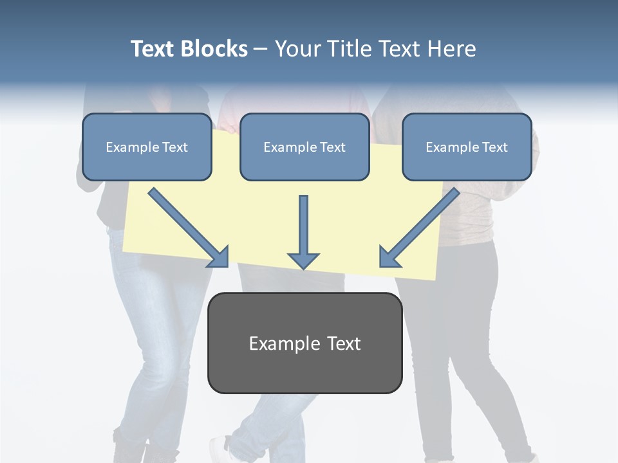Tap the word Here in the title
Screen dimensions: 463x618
451,49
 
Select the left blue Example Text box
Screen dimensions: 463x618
147,147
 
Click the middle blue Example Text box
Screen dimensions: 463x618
304,147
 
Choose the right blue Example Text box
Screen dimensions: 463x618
467,147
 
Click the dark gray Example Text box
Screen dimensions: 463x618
304,343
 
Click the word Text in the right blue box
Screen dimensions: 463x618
494,147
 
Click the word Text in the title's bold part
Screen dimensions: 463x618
153,49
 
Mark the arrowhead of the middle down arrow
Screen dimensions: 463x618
303,260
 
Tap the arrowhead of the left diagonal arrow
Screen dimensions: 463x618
219,257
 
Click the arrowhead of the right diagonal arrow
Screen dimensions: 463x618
389,257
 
